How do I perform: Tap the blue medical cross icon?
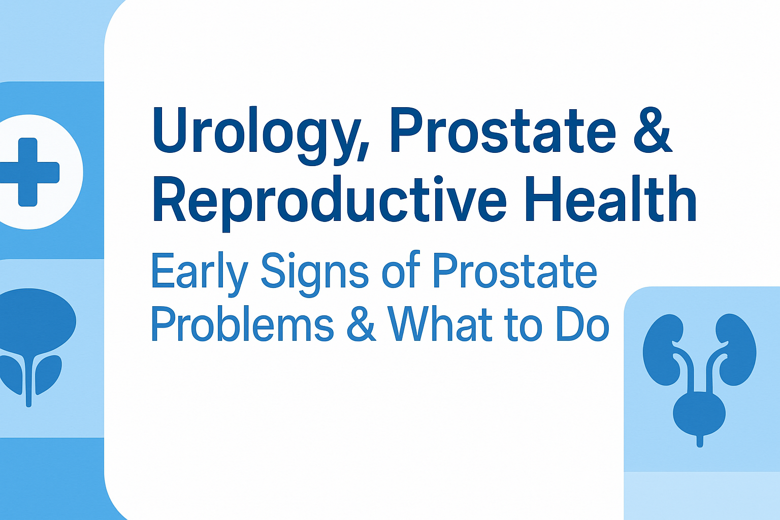[28, 172]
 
